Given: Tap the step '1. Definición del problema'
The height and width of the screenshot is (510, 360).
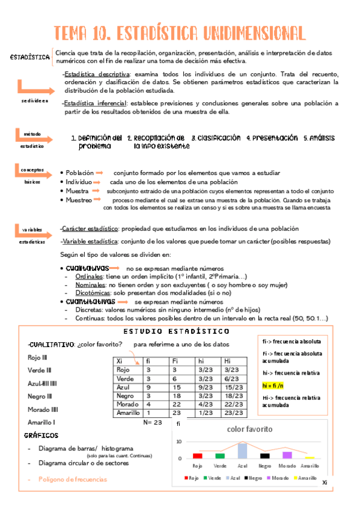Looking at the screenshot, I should [96, 142].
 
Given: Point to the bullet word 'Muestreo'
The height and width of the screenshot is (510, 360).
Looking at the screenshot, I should [79, 200].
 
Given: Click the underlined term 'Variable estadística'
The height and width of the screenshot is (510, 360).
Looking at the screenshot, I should [90, 241].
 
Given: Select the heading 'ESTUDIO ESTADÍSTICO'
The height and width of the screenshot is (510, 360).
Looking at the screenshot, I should [176, 331].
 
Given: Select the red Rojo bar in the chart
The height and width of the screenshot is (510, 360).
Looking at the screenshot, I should [197, 455].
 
